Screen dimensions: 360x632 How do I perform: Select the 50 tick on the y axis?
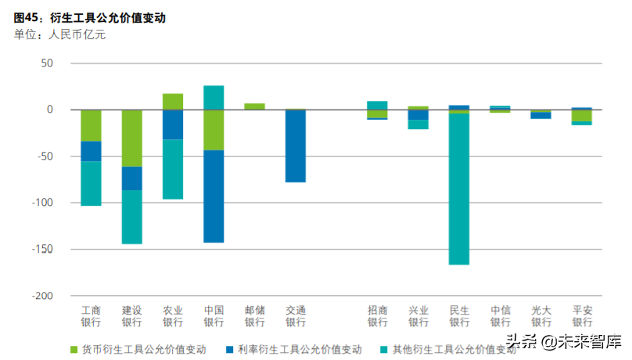click(46, 63)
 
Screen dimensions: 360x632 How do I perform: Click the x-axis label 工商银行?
click(91, 316)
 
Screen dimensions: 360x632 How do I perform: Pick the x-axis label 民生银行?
click(459, 316)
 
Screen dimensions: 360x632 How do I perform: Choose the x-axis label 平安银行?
click(581, 316)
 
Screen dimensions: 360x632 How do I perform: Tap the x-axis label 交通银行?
click(295, 316)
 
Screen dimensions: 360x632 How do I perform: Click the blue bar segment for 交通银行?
click(295, 146)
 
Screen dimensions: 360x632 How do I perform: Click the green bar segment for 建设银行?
click(131, 138)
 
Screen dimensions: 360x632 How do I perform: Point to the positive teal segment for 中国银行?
click(214, 97)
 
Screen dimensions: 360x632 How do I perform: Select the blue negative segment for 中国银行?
click(214, 196)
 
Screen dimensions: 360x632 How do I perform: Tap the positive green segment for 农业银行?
click(173, 102)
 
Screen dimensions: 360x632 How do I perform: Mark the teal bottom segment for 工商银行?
click(91, 183)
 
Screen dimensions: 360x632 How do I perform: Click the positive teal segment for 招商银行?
click(378, 105)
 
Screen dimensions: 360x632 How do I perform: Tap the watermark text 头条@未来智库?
click(563, 341)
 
